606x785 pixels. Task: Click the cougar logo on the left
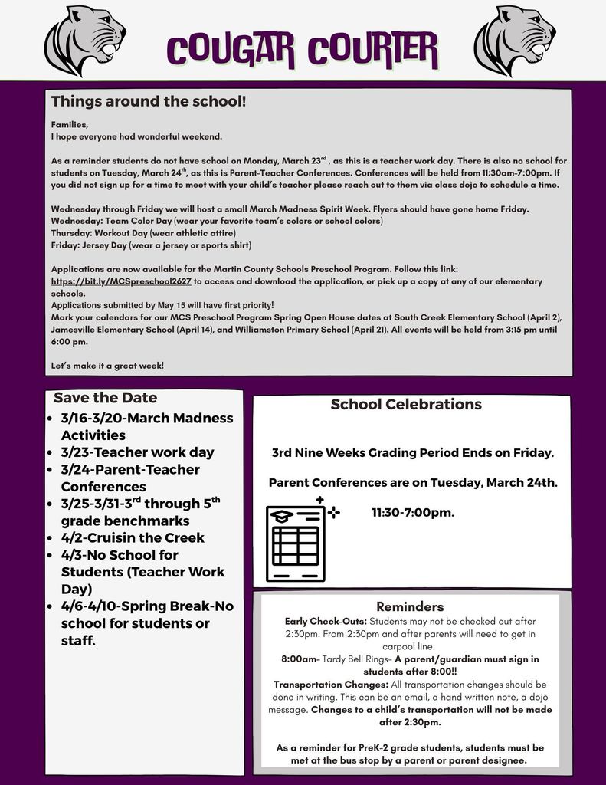pyautogui.click(x=84, y=40)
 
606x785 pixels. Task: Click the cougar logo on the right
pyautogui.click(x=514, y=40)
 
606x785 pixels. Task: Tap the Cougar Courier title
pyautogui.click(x=303, y=49)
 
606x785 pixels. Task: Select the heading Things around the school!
pyautogui.click(x=149, y=101)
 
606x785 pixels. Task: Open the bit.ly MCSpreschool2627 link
pyautogui.click(x=121, y=281)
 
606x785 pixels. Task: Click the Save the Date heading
pyautogui.click(x=105, y=398)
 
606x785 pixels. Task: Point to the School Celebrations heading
pyautogui.click(x=406, y=404)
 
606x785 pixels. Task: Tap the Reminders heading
pyautogui.click(x=410, y=606)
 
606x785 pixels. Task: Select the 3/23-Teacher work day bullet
pyautogui.click(x=137, y=452)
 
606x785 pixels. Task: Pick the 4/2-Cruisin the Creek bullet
pyautogui.click(x=133, y=537)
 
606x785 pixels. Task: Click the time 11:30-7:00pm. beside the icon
pyautogui.click(x=413, y=512)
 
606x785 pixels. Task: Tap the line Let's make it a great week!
pyautogui.click(x=107, y=366)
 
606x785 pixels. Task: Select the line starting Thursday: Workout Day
pyautogui.click(x=143, y=232)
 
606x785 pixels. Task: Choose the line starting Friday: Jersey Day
pyautogui.click(x=151, y=245)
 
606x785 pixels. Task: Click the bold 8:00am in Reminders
pyautogui.click(x=300, y=659)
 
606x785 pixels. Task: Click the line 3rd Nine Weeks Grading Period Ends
pyautogui.click(x=412, y=452)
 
